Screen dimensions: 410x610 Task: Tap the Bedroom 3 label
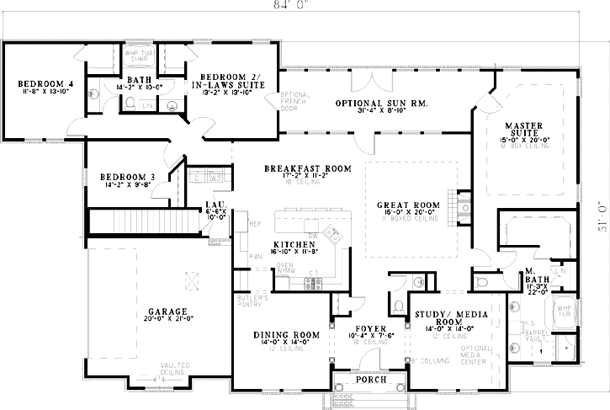tap(127, 177)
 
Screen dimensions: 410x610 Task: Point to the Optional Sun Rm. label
tap(370, 103)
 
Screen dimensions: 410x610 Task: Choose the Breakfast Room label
tap(306, 169)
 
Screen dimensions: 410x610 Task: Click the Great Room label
tap(409, 205)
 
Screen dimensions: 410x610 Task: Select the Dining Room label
tap(287, 335)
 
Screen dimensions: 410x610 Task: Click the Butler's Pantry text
tap(251, 303)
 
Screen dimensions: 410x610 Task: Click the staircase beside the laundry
tap(143, 222)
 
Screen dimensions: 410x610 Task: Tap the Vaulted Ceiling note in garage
tap(175, 369)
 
